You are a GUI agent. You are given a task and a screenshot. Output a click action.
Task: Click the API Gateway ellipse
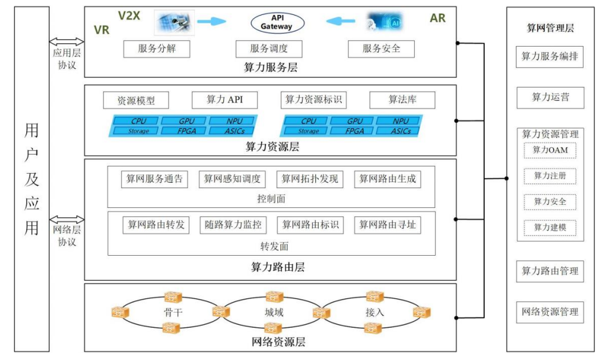277,23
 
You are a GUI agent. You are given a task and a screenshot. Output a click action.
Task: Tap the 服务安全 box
381,49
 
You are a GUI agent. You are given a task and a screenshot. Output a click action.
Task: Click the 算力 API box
224,99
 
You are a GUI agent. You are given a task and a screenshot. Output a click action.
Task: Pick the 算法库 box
402,99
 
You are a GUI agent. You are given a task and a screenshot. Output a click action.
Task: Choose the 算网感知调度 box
232,179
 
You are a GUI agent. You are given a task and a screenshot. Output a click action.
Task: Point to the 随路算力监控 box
232,225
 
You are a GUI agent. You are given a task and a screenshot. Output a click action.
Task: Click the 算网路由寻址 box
387,225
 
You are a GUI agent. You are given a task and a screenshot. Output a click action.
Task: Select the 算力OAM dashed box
550,150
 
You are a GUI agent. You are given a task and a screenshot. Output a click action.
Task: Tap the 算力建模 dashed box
550,228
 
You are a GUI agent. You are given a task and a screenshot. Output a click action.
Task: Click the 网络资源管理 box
549,312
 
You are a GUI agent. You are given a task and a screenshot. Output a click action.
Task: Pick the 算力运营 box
550,97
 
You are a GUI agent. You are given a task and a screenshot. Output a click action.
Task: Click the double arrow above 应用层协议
67,41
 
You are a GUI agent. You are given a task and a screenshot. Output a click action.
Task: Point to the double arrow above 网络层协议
67,219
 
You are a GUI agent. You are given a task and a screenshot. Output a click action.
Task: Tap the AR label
437,18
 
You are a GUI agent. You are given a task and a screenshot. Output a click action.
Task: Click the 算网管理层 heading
550,28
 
